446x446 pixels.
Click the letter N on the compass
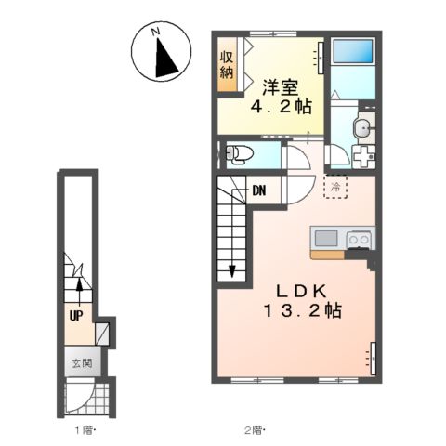(x=155, y=32)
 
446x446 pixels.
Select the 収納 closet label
(x=227, y=64)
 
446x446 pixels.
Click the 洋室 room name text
(x=281, y=87)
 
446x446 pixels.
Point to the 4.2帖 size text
(x=281, y=107)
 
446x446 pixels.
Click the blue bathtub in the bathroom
(x=352, y=51)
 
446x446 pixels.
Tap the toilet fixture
(x=240, y=154)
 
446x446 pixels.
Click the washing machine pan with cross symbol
(x=364, y=156)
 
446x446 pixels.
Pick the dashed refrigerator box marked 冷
(x=335, y=187)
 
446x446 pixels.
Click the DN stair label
(x=259, y=190)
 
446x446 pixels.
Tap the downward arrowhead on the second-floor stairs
(x=232, y=271)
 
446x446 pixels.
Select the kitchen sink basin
(x=326, y=239)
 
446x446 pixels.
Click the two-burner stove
(x=359, y=240)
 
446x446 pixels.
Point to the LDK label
(x=302, y=291)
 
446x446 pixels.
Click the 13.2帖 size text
(x=303, y=310)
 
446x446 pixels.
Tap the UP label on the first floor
(x=76, y=316)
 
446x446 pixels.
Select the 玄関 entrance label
(x=83, y=362)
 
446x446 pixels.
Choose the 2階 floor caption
(x=256, y=430)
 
